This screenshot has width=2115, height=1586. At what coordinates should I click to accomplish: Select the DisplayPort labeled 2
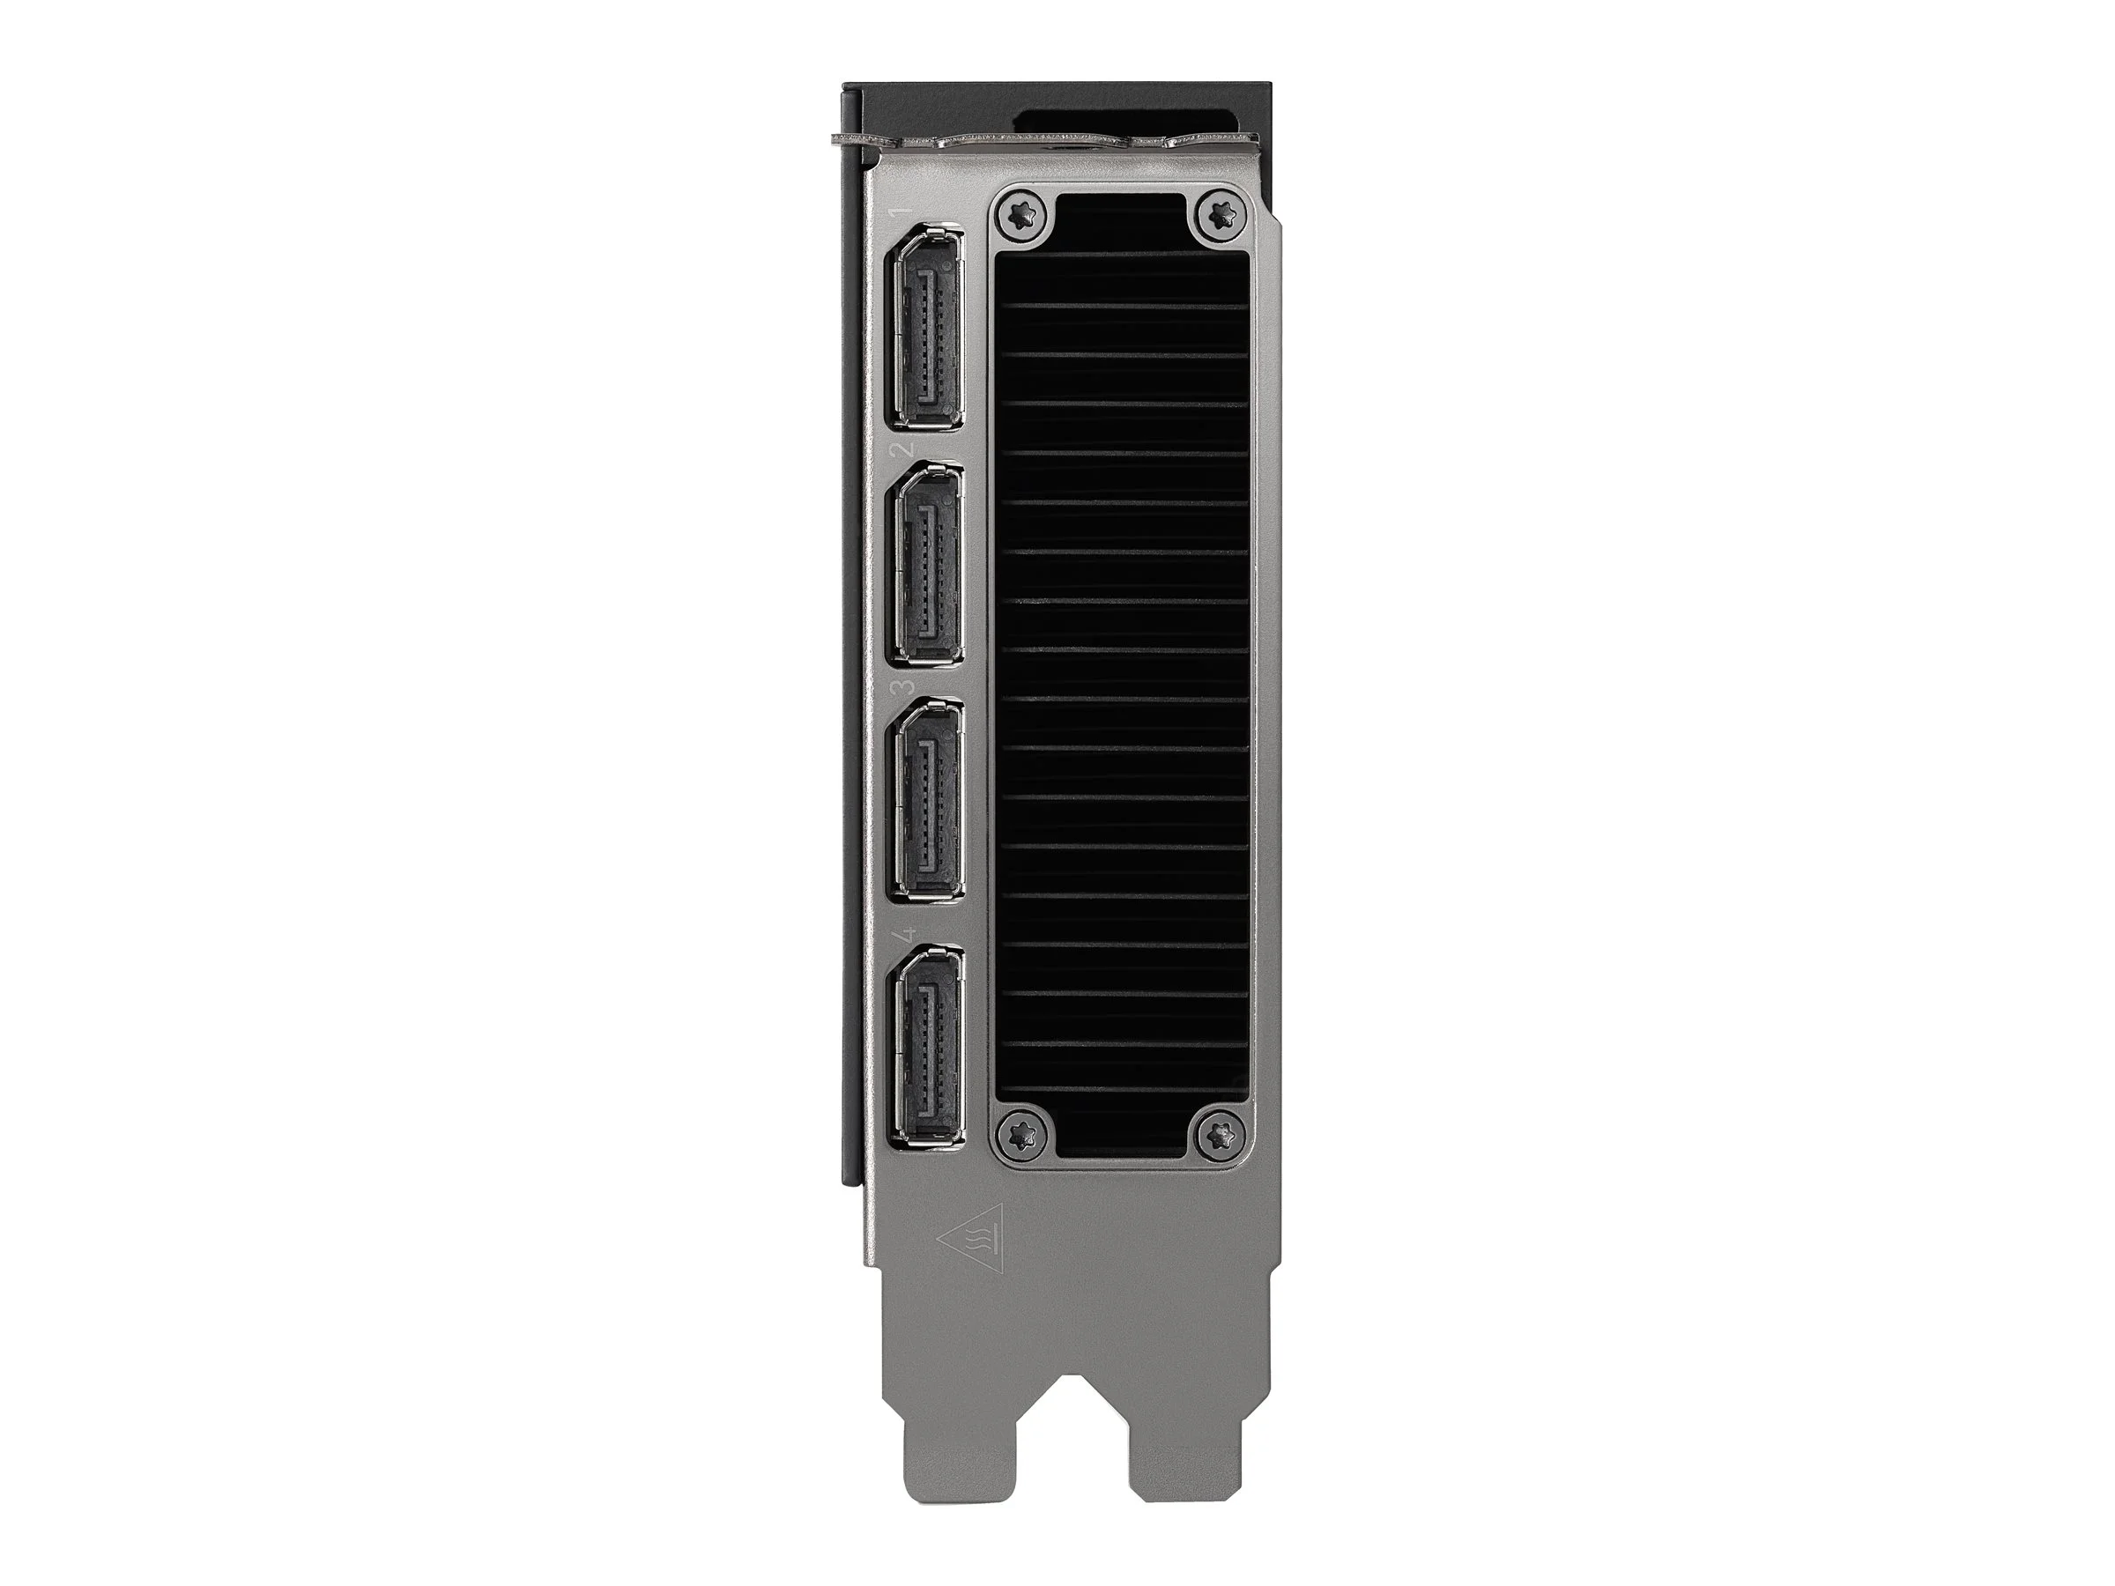point(925,564)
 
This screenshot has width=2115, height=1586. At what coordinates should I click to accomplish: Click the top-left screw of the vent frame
point(1024,214)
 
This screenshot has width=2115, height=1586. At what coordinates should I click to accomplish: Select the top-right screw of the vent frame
point(1218,214)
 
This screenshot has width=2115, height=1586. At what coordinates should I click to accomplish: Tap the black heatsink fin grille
point(1123,669)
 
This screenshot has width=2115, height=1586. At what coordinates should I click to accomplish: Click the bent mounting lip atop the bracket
point(1043,144)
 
